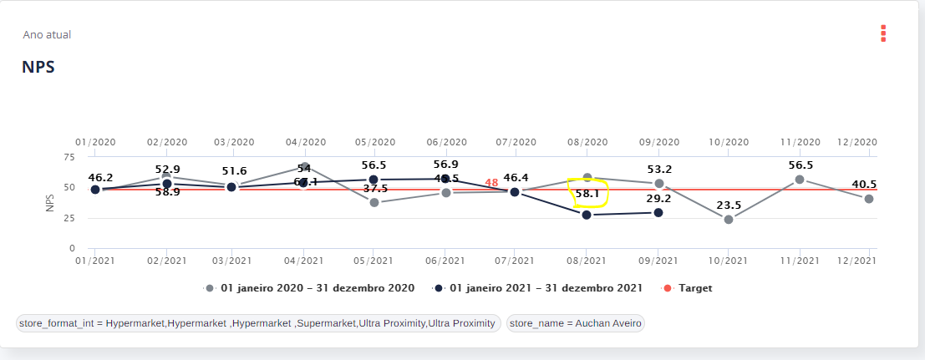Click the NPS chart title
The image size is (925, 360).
click(x=38, y=68)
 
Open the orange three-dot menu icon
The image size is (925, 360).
click(x=882, y=33)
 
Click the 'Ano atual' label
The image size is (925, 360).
click(x=47, y=35)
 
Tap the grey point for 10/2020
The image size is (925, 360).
click(x=729, y=220)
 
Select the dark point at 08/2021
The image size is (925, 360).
click(x=587, y=215)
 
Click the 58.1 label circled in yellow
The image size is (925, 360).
click(x=587, y=193)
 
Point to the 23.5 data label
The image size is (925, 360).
click(x=728, y=205)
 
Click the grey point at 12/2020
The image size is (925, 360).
click(x=869, y=199)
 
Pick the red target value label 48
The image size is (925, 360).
click(x=491, y=183)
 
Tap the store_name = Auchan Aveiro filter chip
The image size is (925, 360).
click(x=576, y=323)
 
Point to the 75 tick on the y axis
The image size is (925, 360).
click(x=70, y=156)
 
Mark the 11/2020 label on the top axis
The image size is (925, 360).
click(x=800, y=142)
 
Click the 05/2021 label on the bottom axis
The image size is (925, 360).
click(x=374, y=261)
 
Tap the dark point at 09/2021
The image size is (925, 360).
click(x=658, y=213)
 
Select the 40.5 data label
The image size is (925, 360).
click(x=864, y=185)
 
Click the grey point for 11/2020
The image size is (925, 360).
click(x=800, y=180)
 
